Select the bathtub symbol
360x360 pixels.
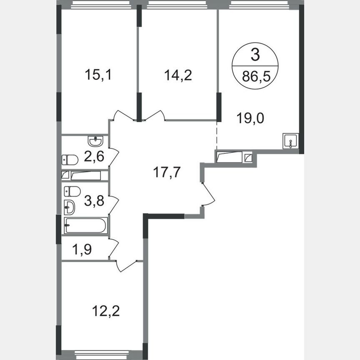click(86, 225)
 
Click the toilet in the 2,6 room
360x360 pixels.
click(70, 160)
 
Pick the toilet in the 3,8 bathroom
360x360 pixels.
click(72, 191)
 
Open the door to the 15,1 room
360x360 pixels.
click(123, 115)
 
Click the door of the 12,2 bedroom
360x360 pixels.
click(127, 265)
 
